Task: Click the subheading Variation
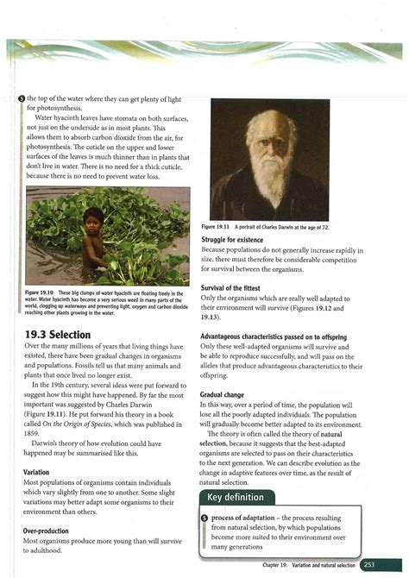[41, 472]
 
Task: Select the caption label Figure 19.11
[226, 226]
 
